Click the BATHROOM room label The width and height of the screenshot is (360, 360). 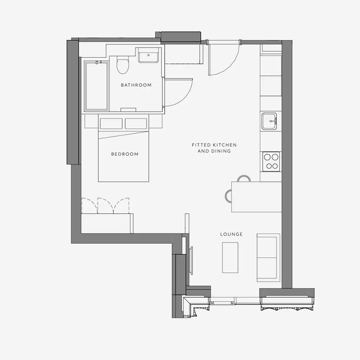136,85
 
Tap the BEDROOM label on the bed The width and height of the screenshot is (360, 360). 125,154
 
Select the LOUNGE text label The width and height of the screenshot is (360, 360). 231,234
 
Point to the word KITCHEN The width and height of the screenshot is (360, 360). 225,145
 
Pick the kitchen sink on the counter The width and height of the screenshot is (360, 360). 270,121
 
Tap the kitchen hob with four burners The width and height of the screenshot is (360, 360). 271,161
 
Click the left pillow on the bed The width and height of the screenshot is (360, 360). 111,124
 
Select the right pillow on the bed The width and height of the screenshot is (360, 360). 136,124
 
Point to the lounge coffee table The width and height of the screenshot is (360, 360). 230,257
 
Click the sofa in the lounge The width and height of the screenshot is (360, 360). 268,257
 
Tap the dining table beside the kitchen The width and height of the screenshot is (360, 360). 256,197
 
